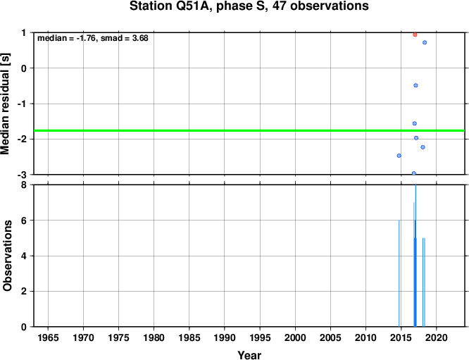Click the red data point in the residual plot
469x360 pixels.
[415, 35]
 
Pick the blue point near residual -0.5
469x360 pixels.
[415, 85]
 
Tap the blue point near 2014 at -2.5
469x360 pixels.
[399, 156]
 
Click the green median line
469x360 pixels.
[249, 130]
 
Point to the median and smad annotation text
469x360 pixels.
[93, 38]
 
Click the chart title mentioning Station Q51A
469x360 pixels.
[249, 6]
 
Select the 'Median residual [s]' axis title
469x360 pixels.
[6, 104]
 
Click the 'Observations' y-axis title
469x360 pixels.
[7, 256]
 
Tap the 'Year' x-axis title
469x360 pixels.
[249, 355]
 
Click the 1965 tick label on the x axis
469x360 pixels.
[48, 338]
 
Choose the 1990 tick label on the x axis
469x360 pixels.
[225, 338]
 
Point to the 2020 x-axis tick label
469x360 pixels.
[437, 338]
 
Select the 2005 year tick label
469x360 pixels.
[330, 338]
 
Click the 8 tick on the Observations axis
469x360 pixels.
[24, 185]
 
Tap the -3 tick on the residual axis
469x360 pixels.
[22, 175]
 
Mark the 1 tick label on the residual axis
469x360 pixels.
[24, 32]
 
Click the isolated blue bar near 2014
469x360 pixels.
[399, 273]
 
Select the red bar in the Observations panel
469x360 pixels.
[415, 273]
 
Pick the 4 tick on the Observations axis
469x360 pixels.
[24, 256]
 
